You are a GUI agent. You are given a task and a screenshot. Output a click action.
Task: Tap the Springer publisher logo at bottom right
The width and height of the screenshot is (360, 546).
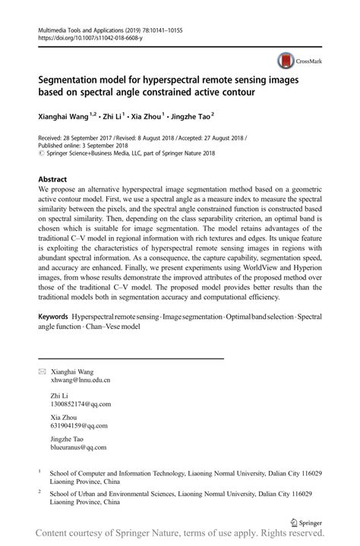(x=308, y=522)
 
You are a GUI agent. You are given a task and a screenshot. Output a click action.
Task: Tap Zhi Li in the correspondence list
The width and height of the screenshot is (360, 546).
(x=59, y=396)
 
